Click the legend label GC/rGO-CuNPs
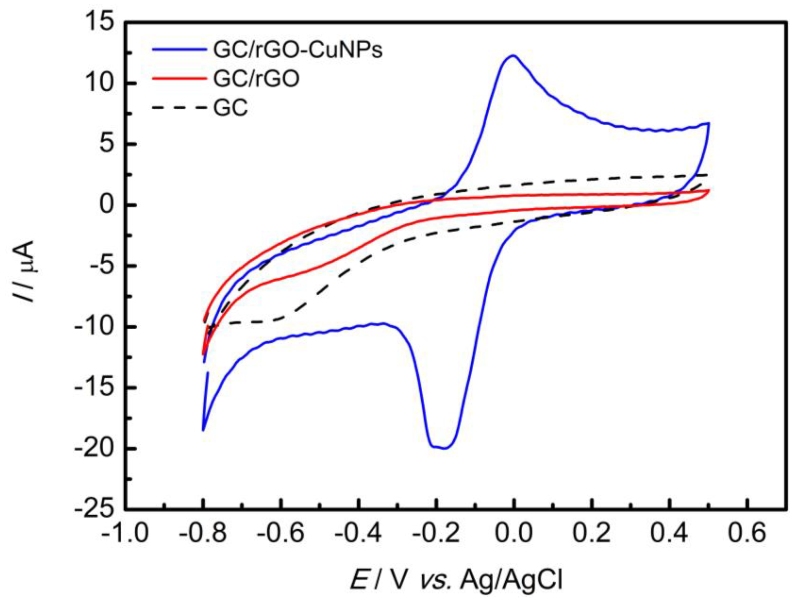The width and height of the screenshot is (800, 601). [x=298, y=51]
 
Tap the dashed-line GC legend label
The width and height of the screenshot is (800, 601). [x=230, y=108]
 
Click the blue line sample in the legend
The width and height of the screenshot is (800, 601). [x=179, y=51]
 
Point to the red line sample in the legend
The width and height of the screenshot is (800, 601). [x=179, y=79]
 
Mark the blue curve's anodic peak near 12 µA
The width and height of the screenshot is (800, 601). [x=513, y=55]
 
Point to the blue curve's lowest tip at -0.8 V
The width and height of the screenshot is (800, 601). [x=203, y=430]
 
